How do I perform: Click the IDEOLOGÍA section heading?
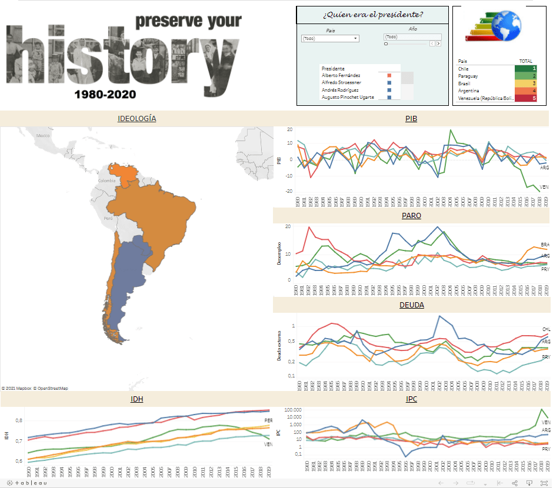(136, 118)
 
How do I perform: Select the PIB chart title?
(411, 118)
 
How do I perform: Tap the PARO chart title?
(411, 216)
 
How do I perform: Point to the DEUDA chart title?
(411, 305)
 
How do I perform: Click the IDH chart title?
(136, 399)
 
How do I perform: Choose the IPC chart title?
(411, 399)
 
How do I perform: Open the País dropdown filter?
(329, 39)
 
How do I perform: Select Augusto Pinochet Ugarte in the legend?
(349, 96)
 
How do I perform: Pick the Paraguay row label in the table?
(468, 76)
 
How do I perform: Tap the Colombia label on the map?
(107, 181)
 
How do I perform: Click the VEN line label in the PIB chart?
(544, 187)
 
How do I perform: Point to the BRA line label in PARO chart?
(545, 244)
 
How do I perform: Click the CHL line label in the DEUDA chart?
(545, 329)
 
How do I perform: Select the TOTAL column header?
(525, 61)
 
